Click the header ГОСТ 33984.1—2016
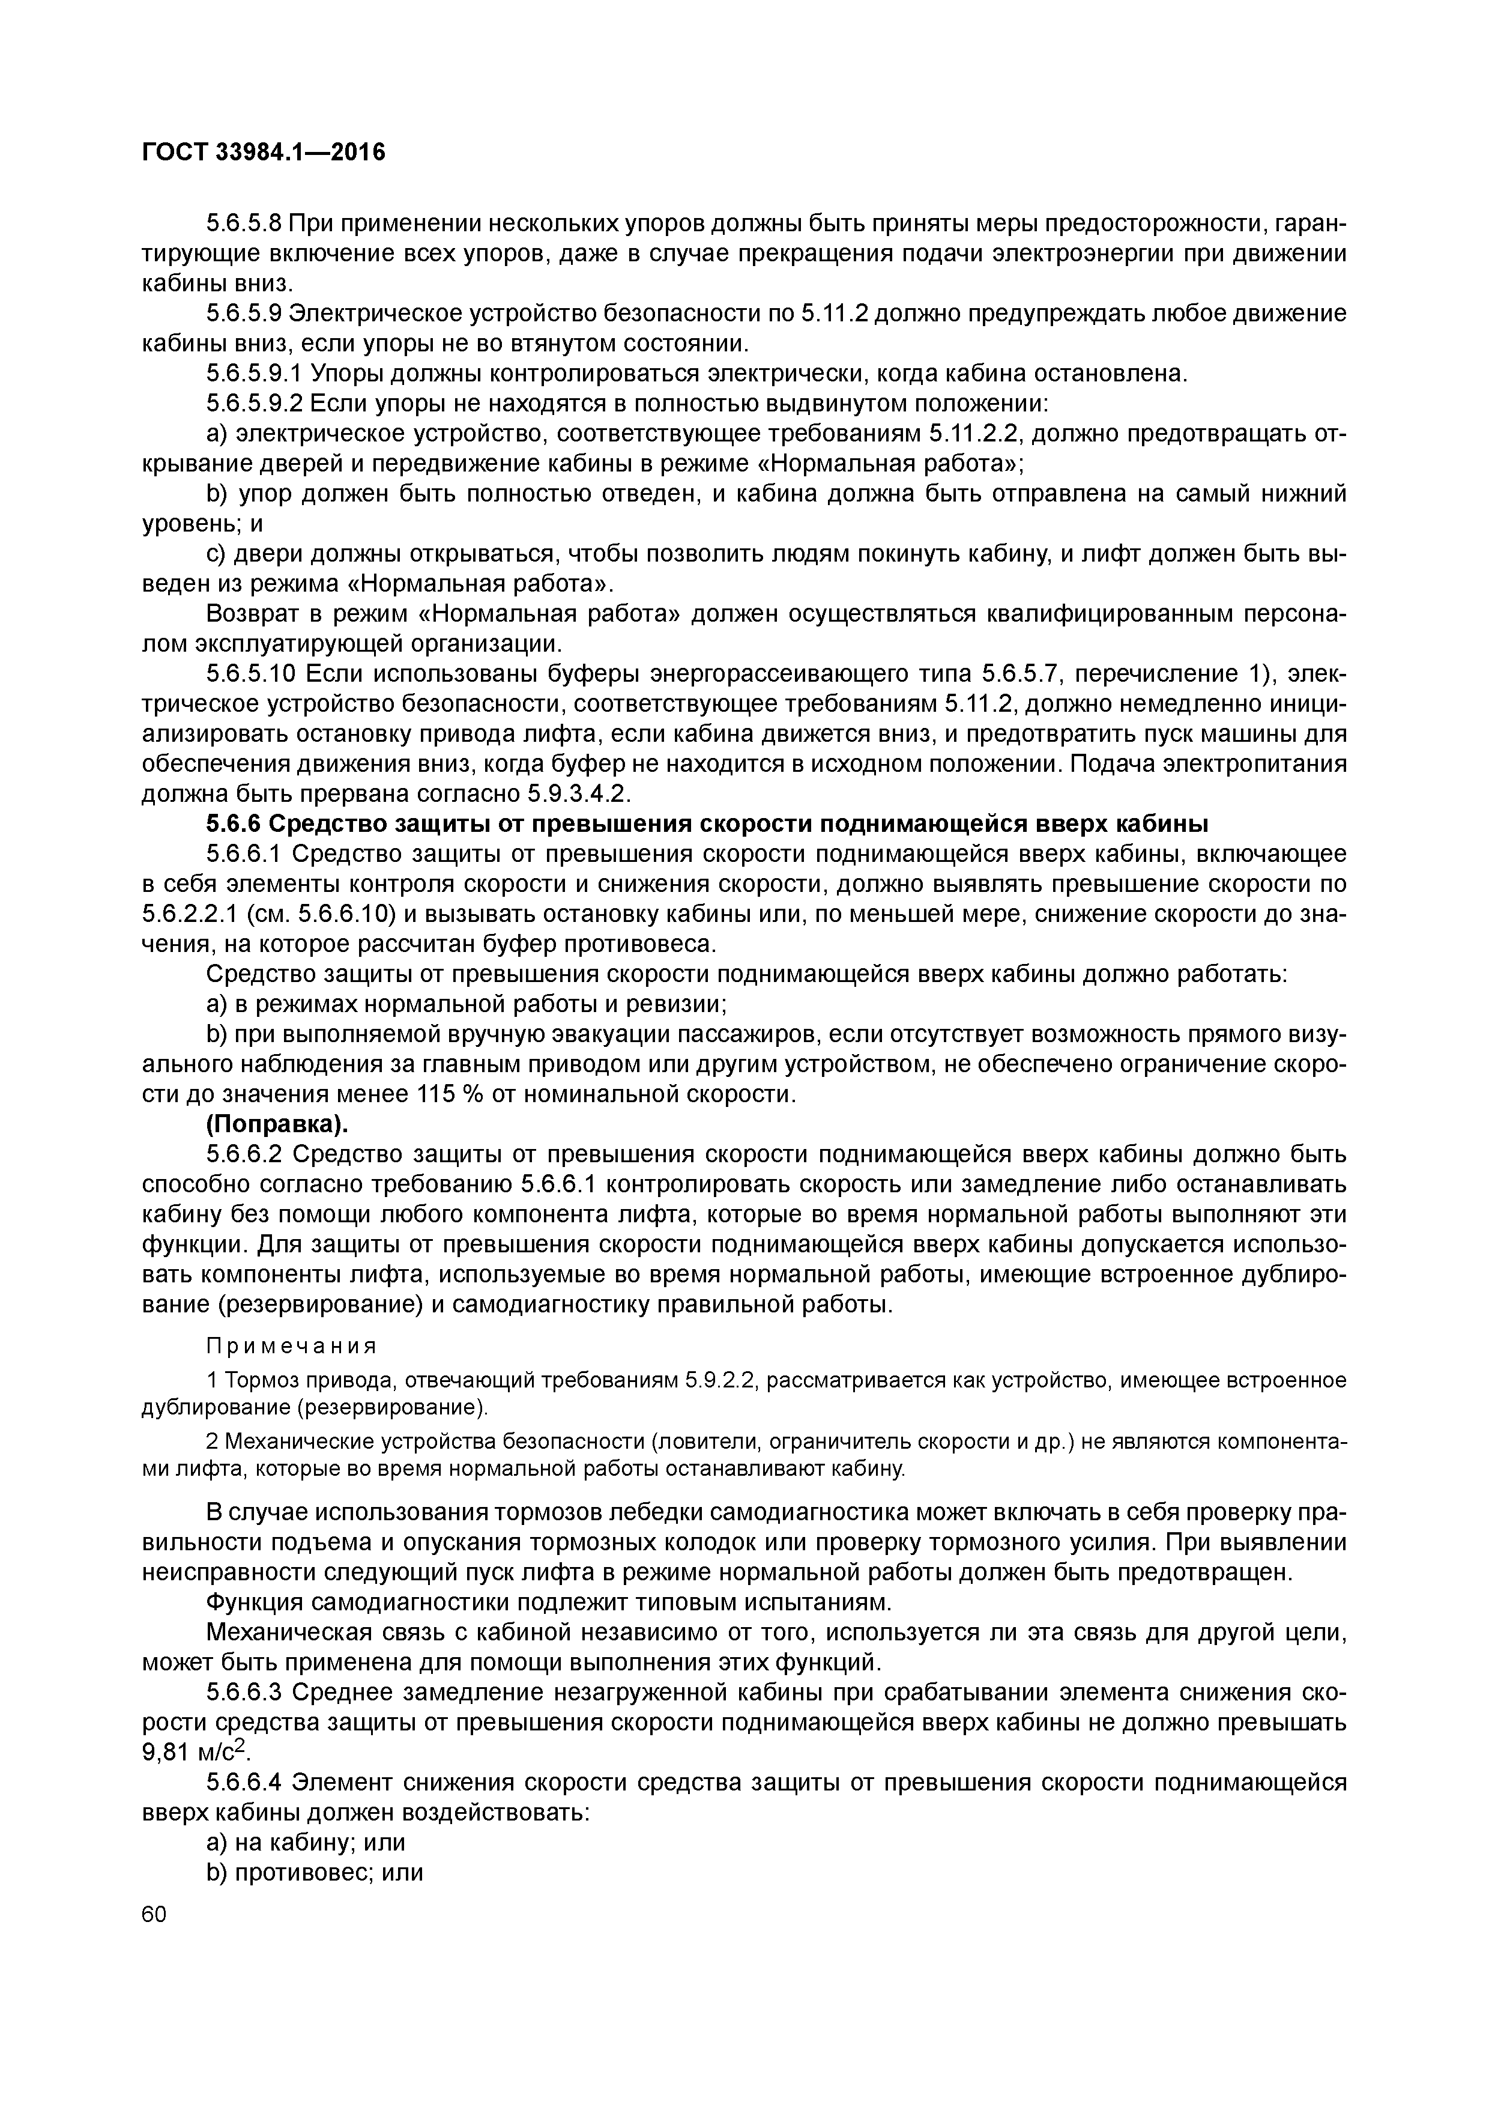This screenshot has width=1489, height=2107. pos(264,153)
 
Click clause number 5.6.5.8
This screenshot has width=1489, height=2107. pos(242,224)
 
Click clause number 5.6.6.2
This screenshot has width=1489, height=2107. pos(242,1154)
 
